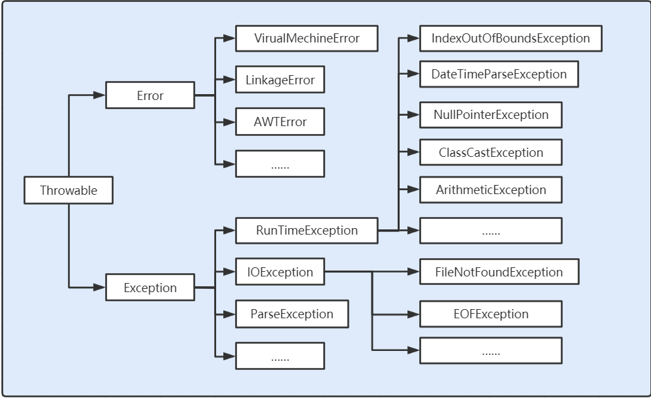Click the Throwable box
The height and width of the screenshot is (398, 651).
pyautogui.click(x=69, y=191)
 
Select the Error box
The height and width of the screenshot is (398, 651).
pyautogui.click(x=150, y=95)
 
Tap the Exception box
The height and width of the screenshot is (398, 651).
pyautogui.click(x=150, y=288)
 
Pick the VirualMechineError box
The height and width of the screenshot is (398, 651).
pyautogui.click(x=306, y=38)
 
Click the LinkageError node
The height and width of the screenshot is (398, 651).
pyautogui.click(x=279, y=80)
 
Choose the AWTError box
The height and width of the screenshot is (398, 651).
pyautogui.click(x=279, y=122)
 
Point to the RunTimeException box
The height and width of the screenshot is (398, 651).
pyautogui.click(x=306, y=230)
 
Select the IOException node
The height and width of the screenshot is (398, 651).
pyautogui.click(x=279, y=272)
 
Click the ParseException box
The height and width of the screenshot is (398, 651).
pyautogui.click(x=291, y=314)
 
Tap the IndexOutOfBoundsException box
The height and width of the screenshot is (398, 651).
pyautogui.click(x=510, y=38)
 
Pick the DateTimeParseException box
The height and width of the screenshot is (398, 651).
pyautogui.click(x=499, y=74)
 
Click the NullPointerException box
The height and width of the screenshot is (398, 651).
pyautogui.click(x=490, y=114)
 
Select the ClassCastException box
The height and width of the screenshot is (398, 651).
pyautogui.click(x=490, y=152)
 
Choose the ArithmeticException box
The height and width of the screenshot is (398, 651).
pyautogui.click(x=490, y=190)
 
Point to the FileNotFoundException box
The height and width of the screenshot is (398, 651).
pyautogui.click(x=499, y=272)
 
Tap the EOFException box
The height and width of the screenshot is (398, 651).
pyautogui.click(x=490, y=314)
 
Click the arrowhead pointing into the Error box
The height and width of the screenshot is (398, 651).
pyautogui.click(x=100, y=95)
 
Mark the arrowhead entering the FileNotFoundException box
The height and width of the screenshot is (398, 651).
pyautogui.click(x=413, y=272)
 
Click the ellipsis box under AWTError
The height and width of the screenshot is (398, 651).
pyautogui.click(x=279, y=164)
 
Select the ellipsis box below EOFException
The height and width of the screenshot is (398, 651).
pyautogui.click(x=490, y=351)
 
